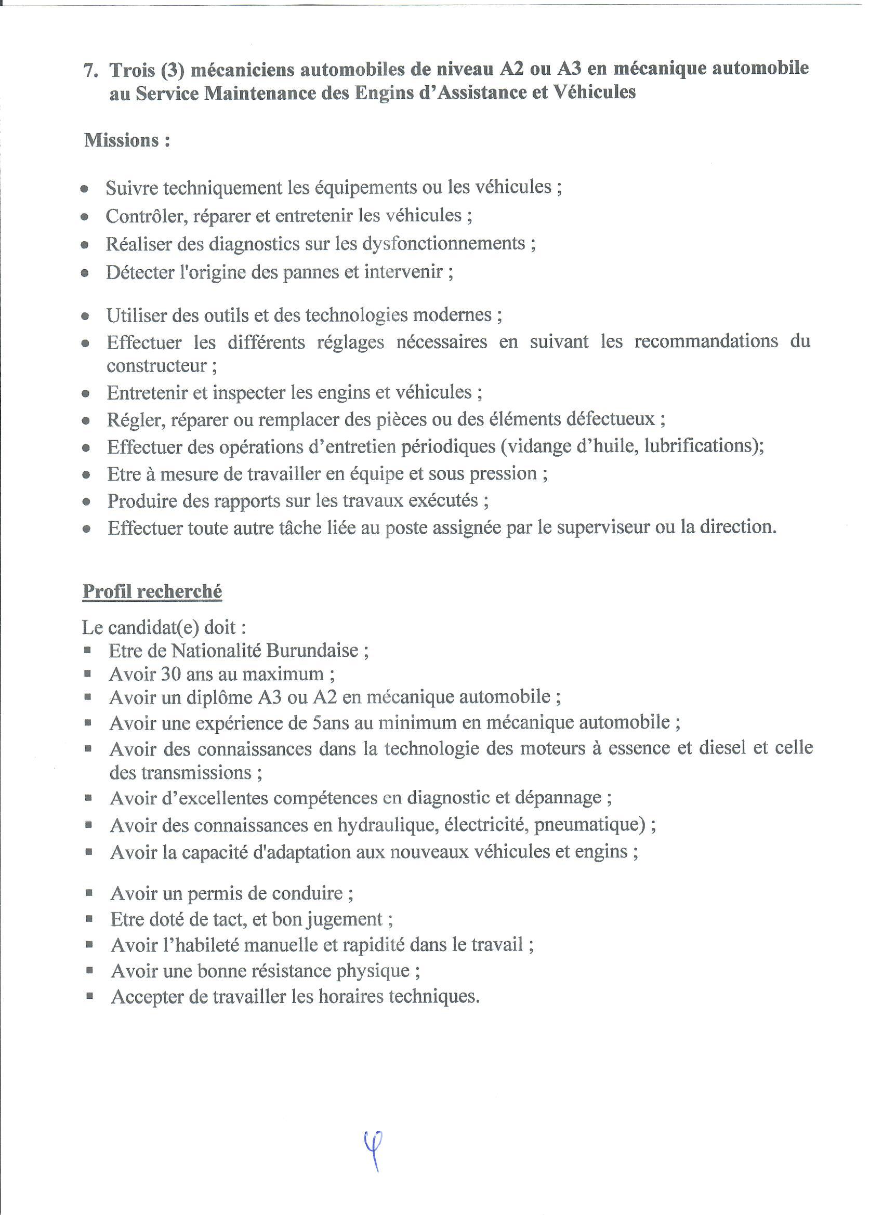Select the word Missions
(122, 140)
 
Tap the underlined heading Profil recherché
(152, 591)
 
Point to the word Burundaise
(312, 650)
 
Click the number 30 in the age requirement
(170, 674)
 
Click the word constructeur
(156, 366)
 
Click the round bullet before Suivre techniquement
(84, 189)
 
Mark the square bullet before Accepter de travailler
(89, 996)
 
